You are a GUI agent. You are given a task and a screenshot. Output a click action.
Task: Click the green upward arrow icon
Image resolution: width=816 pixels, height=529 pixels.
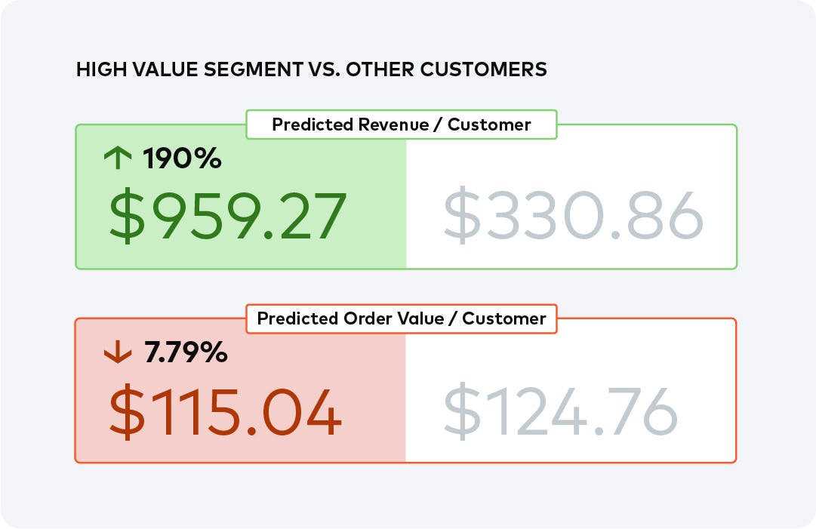pos(117,158)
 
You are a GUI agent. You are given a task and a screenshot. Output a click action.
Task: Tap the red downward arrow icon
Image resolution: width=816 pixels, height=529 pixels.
pos(117,352)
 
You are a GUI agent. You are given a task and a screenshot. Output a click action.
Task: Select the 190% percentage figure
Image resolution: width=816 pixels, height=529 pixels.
pos(182,158)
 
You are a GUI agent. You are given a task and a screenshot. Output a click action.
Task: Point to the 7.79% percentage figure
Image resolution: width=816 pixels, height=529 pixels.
pos(185,352)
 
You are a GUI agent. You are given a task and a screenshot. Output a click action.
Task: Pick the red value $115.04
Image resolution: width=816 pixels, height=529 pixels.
pos(225,413)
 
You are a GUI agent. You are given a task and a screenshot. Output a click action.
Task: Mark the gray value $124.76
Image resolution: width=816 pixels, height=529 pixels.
pos(560,413)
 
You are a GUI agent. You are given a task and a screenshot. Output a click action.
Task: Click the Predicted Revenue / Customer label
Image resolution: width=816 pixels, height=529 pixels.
pos(401,125)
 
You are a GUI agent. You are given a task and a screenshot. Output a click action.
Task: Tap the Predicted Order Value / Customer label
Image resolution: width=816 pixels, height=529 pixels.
pos(401,318)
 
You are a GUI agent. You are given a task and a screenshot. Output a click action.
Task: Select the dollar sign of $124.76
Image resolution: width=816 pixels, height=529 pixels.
pos(460,413)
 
